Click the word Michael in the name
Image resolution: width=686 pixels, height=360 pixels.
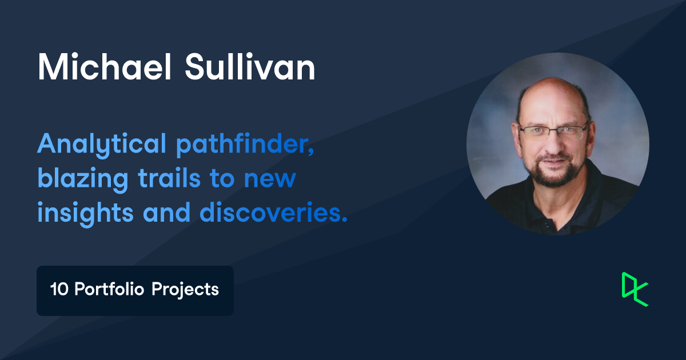[104, 67]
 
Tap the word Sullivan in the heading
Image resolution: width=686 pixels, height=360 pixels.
[250, 67]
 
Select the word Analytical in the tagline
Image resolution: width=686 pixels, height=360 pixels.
[102, 145]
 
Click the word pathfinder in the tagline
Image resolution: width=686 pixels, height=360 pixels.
[245, 144]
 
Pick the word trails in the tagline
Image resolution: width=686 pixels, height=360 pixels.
[169, 178]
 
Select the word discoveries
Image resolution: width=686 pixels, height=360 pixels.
[273, 212]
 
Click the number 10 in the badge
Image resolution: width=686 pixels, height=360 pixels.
[59, 289]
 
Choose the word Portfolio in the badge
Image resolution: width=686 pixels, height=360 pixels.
[109, 289]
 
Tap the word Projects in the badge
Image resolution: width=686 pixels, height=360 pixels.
[185, 290]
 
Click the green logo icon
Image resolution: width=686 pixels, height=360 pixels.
[635, 289]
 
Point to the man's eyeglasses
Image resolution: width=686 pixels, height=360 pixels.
[553, 132]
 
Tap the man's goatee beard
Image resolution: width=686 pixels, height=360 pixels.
[555, 171]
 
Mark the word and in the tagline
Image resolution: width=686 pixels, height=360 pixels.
[167, 212]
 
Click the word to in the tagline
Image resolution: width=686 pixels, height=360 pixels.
[222, 179]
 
